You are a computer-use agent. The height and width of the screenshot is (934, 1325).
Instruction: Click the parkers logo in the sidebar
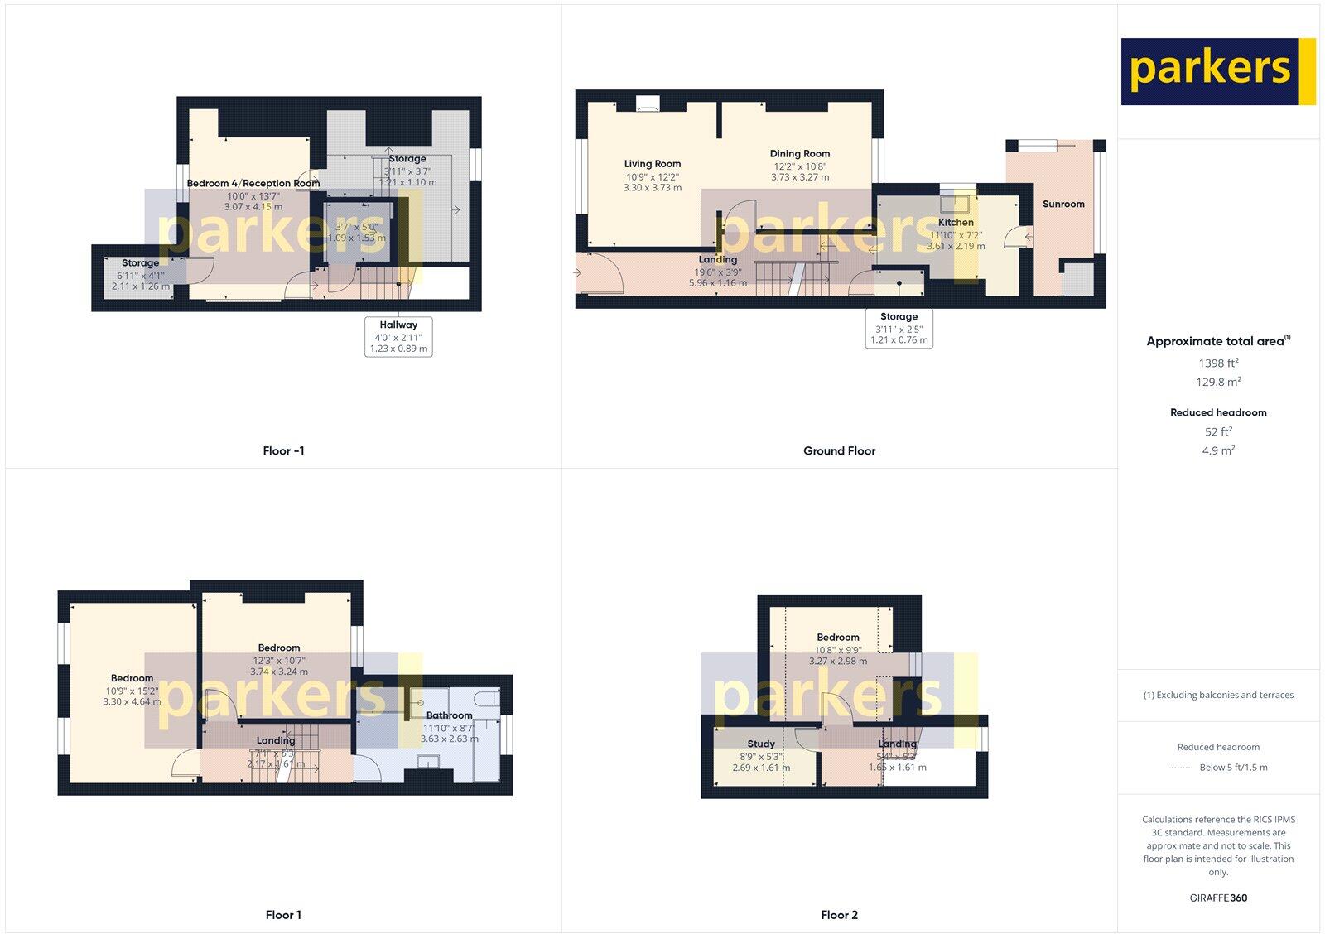click(1217, 71)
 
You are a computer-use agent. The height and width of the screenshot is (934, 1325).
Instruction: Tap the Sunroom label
click(1063, 204)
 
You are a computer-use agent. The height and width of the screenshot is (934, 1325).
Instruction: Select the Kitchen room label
click(956, 223)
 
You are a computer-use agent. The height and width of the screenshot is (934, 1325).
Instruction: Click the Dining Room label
click(799, 154)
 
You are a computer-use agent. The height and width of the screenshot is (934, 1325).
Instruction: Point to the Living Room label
click(653, 164)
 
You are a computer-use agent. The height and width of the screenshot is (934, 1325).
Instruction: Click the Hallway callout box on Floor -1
click(398, 336)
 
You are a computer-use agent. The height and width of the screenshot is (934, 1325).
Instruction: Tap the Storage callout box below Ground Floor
click(899, 328)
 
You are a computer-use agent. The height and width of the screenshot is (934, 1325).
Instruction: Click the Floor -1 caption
click(283, 451)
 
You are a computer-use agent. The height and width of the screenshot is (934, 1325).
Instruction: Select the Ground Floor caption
click(839, 451)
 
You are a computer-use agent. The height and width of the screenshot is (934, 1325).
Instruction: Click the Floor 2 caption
click(839, 915)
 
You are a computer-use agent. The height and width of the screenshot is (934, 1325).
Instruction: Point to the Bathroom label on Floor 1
click(449, 715)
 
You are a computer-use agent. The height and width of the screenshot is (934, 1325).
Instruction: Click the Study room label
click(761, 744)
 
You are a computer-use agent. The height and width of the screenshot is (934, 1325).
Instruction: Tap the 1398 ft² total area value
click(1218, 363)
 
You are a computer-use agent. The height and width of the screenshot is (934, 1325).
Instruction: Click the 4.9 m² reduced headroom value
click(1218, 451)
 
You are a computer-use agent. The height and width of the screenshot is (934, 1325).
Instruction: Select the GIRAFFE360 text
click(1217, 898)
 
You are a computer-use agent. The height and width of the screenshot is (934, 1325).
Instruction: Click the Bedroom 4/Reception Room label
click(253, 184)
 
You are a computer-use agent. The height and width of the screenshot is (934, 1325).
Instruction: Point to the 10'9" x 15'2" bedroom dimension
click(132, 691)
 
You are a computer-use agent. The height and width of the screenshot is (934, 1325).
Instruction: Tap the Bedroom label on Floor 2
click(837, 638)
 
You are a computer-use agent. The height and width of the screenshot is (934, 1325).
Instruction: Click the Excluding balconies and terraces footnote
click(1218, 696)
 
